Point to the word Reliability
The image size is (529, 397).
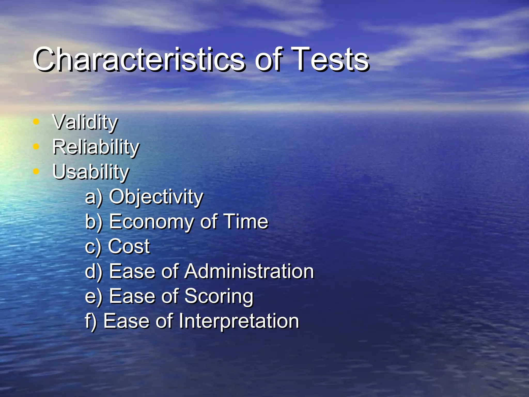[x=96, y=147]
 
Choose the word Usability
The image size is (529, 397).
[x=90, y=172]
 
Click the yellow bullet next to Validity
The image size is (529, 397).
[x=36, y=121]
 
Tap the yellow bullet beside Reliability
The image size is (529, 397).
[x=36, y=147]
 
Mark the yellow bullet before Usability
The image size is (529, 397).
[x=36, y=171]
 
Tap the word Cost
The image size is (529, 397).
[x=129, y=246]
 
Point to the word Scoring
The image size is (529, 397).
[x=219, y=296]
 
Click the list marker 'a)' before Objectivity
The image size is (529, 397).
[x=94, y=197]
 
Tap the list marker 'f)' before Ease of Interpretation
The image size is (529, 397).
[x=91, y=321]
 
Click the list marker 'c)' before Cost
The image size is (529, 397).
[x=93, y=247]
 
